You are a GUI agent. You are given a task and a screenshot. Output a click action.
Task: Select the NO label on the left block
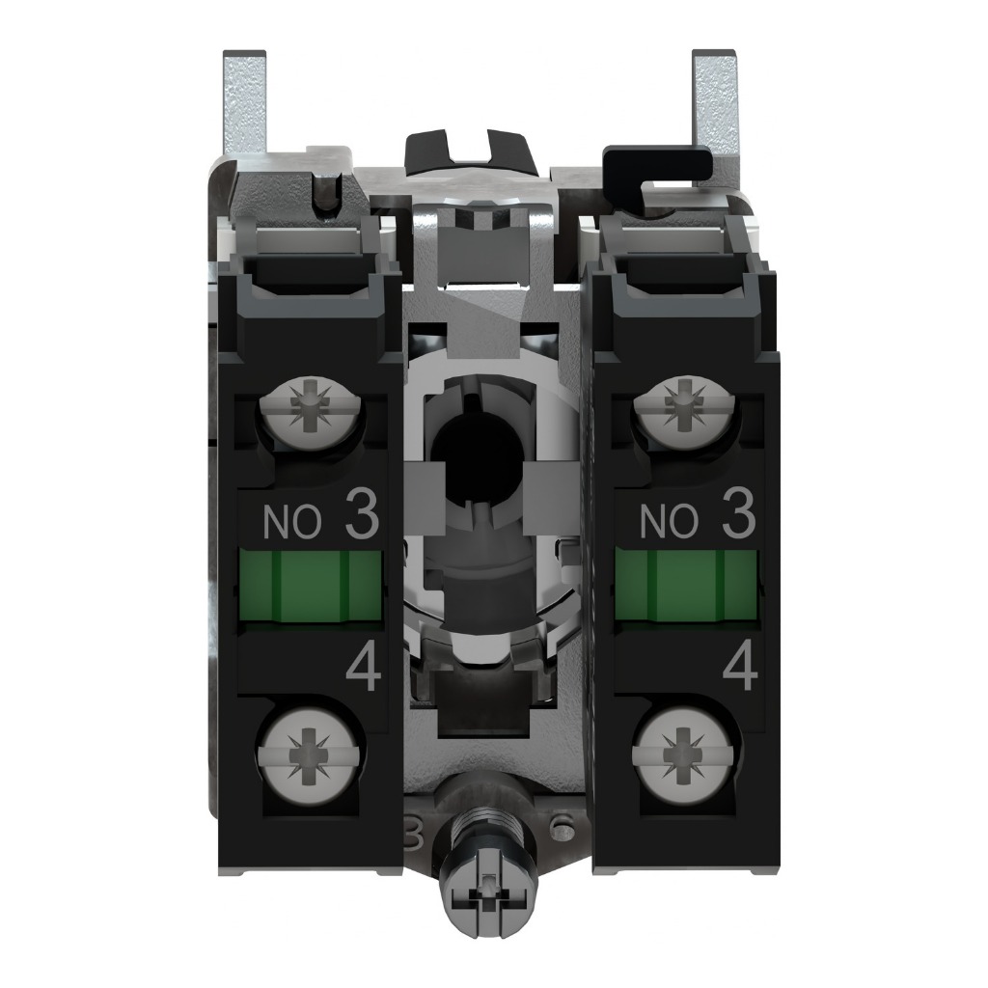[x=292, y=522]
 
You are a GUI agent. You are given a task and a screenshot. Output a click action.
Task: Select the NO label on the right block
[x=669, y=522]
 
